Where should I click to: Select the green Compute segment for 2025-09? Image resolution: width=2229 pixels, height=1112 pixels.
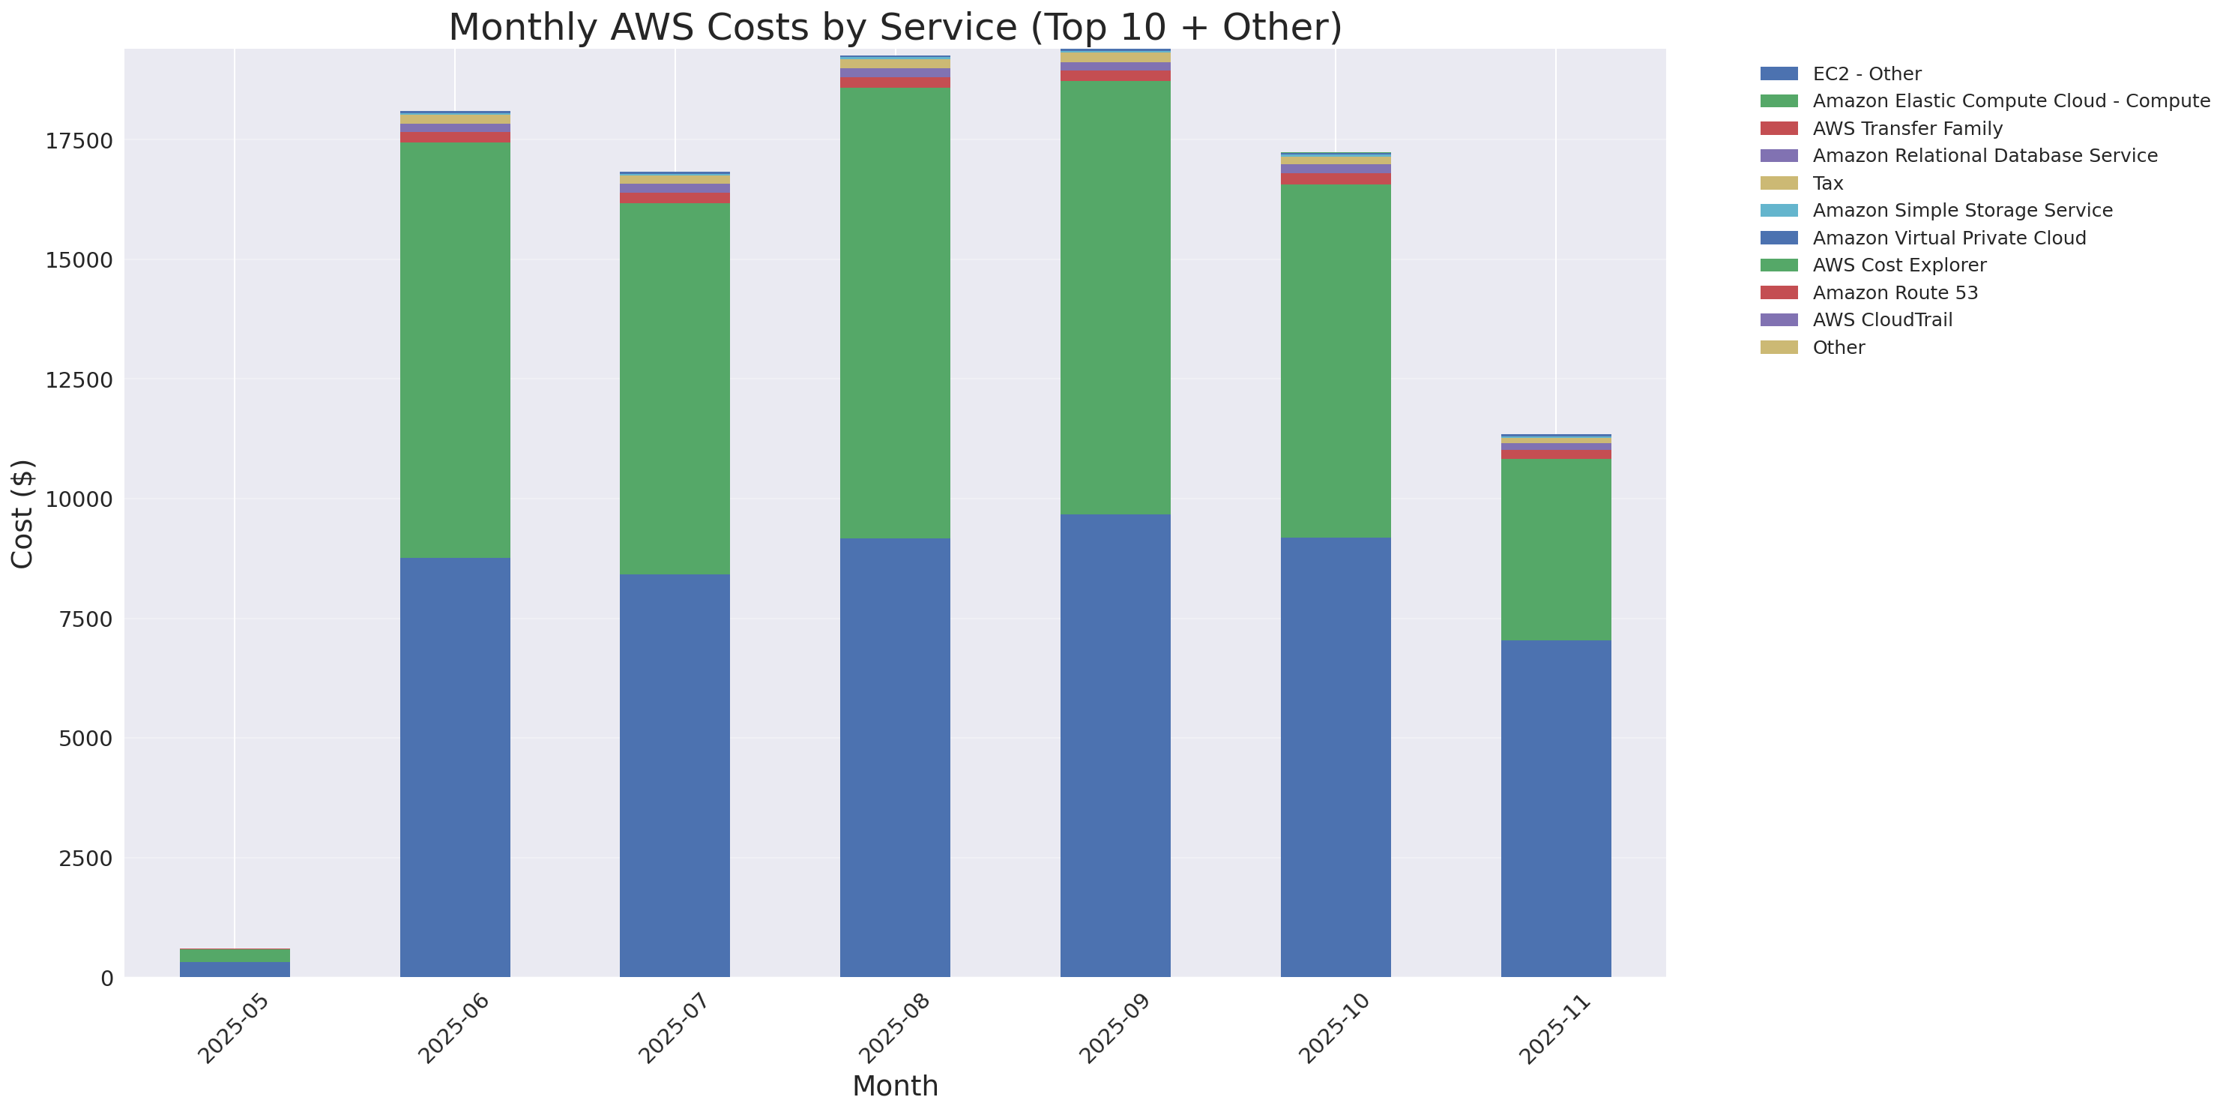pos(1115,298)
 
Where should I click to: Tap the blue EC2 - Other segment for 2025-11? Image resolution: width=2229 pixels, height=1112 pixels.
pos(1556,808)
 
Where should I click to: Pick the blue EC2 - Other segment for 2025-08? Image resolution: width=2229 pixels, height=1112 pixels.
pos(895,757)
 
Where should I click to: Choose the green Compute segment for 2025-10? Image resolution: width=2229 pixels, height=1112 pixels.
pos(1335,361)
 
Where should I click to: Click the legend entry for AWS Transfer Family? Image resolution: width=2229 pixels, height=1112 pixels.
pos(1907,128)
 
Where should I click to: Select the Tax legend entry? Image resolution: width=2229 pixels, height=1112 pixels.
pos(1827,184)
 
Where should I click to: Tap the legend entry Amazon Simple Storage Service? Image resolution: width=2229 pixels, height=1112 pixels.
pos(1961,210)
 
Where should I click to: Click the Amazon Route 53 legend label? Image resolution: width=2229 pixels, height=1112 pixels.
pos(1895,292)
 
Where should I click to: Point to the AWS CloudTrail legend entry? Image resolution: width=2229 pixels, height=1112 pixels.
pos(1882,320)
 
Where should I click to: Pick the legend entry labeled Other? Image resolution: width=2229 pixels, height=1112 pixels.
pos(1838,347)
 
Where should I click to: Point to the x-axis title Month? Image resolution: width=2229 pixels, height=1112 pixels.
pos(895,1085)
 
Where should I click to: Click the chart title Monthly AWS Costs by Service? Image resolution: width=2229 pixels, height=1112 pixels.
pos(895,27)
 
